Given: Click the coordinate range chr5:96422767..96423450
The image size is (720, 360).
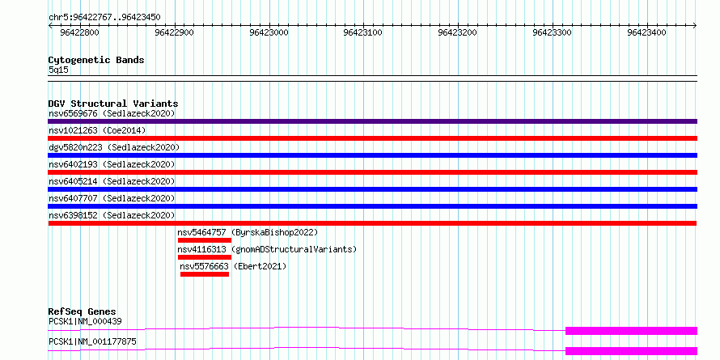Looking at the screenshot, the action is [104, 17].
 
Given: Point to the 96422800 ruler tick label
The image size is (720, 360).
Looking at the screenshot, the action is [79, 32].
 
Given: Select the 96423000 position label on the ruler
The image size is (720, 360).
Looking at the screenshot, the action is [269, 32].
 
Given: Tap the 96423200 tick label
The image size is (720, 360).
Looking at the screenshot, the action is [458, 32].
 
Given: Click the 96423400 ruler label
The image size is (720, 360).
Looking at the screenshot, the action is [646, 32].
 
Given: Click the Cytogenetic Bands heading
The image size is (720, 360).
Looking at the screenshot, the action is [96, 60].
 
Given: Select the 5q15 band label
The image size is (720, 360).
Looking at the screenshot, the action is [59, 70].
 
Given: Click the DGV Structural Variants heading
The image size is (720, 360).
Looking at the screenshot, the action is [113, 104].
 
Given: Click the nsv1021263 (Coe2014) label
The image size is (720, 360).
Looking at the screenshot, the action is [97, 130].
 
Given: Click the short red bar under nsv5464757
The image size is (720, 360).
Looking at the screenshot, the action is [205, 240].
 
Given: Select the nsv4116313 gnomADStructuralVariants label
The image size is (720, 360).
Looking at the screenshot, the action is [267, 249].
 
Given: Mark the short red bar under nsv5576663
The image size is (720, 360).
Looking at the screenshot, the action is [205, 274].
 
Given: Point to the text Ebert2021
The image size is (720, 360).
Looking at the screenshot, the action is [260, 266].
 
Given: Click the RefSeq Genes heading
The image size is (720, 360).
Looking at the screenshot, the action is [82, 311].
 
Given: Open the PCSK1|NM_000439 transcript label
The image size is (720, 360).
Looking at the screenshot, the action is [85, 321].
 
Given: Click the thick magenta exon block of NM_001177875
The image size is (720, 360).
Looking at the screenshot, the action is [631, 351].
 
